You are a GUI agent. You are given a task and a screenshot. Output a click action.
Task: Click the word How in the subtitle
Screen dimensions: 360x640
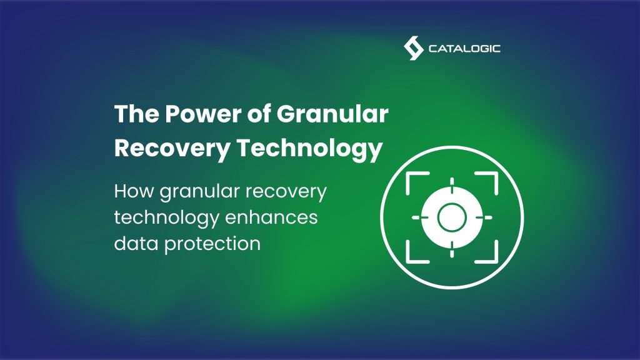[134, 192]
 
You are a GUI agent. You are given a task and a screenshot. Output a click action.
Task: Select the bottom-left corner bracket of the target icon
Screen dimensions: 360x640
[413, 254]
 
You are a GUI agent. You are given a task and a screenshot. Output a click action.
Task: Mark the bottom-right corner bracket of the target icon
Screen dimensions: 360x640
[491, 254]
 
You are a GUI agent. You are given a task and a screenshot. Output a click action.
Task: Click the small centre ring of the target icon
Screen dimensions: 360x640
[451, 217]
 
